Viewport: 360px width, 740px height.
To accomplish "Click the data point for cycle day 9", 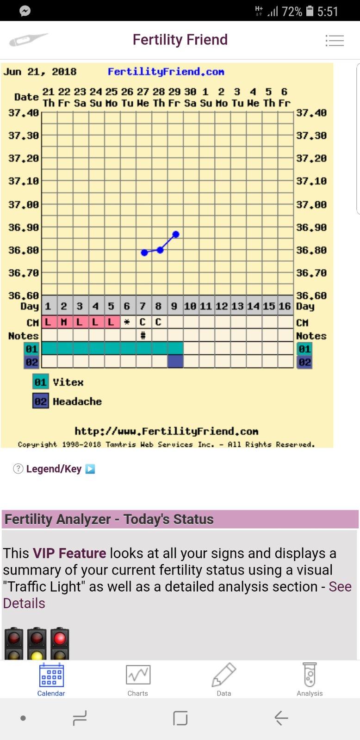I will point(176,234).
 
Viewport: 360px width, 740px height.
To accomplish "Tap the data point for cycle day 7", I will point(144,253).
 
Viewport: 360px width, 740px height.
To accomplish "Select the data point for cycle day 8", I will point(160,250).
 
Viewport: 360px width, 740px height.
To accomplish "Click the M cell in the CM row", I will point(64,322).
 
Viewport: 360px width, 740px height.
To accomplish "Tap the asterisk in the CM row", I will point(127,322).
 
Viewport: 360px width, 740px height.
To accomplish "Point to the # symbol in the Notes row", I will point(143,335).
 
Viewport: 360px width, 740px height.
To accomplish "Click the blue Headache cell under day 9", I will point(175,362).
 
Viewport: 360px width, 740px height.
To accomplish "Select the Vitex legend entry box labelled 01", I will point(40,382).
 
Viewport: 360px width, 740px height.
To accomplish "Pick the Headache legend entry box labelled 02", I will point(40,401).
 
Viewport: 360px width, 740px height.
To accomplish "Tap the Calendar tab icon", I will point(51,675).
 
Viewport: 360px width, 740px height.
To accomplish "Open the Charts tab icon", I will point(138,675).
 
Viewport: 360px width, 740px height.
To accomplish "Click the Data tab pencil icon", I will point(224,675).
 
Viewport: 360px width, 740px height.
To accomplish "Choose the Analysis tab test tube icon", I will point(310,675).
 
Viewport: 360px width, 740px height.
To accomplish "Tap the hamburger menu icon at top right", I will point(335,41).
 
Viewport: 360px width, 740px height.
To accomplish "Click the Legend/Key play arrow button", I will point(91,469).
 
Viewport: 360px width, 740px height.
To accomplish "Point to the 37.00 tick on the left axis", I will point(23,204).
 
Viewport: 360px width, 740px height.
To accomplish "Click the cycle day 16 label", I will point(285,306).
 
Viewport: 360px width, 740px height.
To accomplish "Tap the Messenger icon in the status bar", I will point(25,11).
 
